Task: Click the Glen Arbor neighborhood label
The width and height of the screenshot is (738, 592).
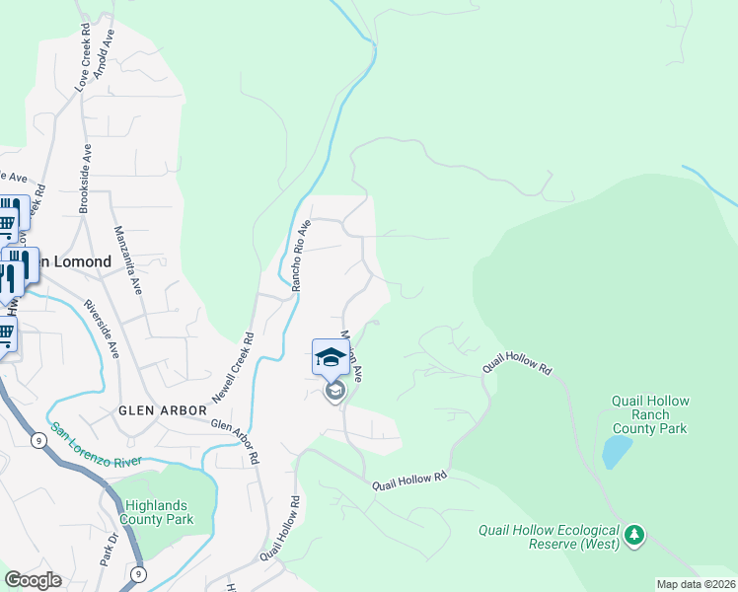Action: tap(163, 409)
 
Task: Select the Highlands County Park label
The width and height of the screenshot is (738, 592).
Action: tap(156, 512)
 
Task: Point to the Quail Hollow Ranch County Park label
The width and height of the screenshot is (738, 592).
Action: tap(649, 414)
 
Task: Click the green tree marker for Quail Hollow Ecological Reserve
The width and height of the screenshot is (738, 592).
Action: tap(635, 536)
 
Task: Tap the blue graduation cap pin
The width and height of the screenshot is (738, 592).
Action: tap(331, 357)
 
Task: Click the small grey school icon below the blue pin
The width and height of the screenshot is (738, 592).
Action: tap(334, 392)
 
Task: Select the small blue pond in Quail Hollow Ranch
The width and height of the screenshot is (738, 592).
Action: tap(617, 451)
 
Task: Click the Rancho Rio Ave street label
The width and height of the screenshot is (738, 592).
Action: tap(301, 255)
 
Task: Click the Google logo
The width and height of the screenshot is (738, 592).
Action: tap(33, 580)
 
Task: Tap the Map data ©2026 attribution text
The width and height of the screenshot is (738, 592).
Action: tap(696, 584)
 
